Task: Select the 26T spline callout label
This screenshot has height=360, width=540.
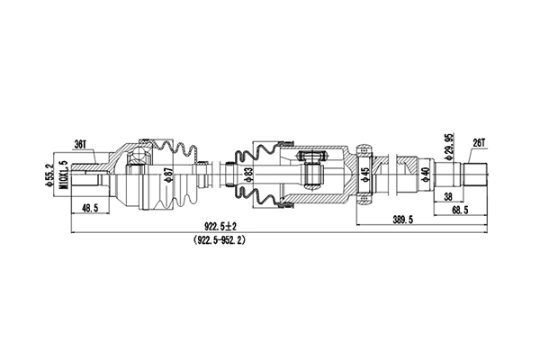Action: tap(478, 142)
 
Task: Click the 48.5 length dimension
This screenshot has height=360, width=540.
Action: tap(91, 210)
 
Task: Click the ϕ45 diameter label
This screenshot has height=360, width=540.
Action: tap(364, 173)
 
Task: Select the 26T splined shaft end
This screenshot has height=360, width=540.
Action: tap(475, 172)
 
